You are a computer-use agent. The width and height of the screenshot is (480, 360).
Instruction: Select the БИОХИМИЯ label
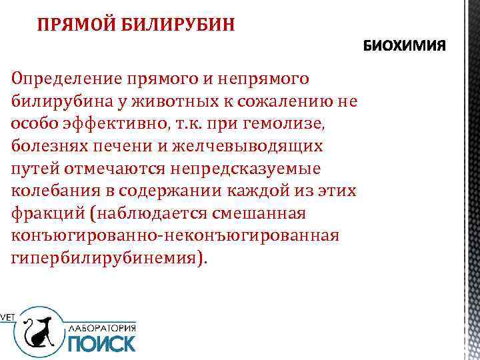click(406, 48)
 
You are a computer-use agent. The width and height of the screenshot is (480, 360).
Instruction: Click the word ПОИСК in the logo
click(101, 343)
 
